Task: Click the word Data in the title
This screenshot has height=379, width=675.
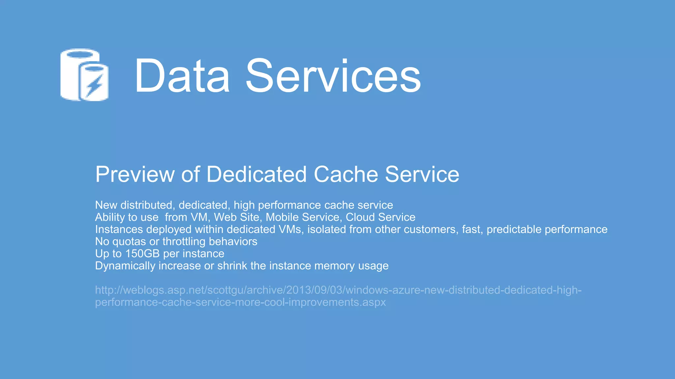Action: click(x=182, y=76)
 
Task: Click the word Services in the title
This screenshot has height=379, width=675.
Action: click(x=333, y=76)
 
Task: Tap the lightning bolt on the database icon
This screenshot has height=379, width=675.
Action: click(x=95, y=85)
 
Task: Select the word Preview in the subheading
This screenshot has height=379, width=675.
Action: click(x=135, y=174)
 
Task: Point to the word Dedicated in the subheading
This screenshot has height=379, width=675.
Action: click(x=256, y=174)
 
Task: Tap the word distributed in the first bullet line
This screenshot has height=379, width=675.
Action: click(x=146, y=205)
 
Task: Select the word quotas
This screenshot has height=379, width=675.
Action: click(x=129, y=241)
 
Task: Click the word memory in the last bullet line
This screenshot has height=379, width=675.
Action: click(x=333, y=266)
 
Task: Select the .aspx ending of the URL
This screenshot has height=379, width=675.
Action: click(x=373, y=302)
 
